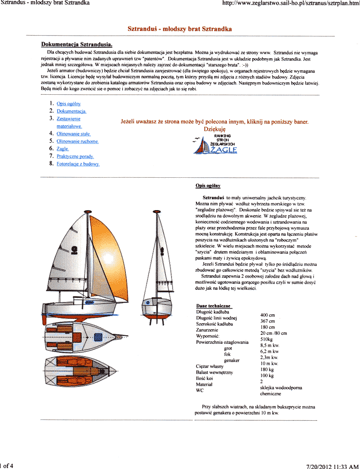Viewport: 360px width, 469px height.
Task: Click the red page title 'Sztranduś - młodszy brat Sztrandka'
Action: (180, 29)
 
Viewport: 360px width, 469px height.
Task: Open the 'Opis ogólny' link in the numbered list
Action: (69, 103)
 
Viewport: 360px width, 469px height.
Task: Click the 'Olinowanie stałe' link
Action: (73, 134)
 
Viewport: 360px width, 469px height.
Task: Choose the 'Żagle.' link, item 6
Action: (63, 149)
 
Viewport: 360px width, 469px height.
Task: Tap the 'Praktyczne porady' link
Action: (75, 156)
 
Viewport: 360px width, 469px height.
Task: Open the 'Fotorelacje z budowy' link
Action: (78, 164)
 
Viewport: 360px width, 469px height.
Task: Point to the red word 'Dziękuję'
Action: (215, 129)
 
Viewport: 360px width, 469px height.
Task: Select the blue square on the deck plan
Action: (98, 336)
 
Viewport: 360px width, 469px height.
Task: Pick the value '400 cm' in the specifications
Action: (267, 315)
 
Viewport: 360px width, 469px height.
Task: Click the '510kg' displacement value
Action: (266, 339)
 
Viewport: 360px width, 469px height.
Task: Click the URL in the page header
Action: (291, 3)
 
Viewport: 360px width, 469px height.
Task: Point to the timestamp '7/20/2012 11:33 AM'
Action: (332, 466)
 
